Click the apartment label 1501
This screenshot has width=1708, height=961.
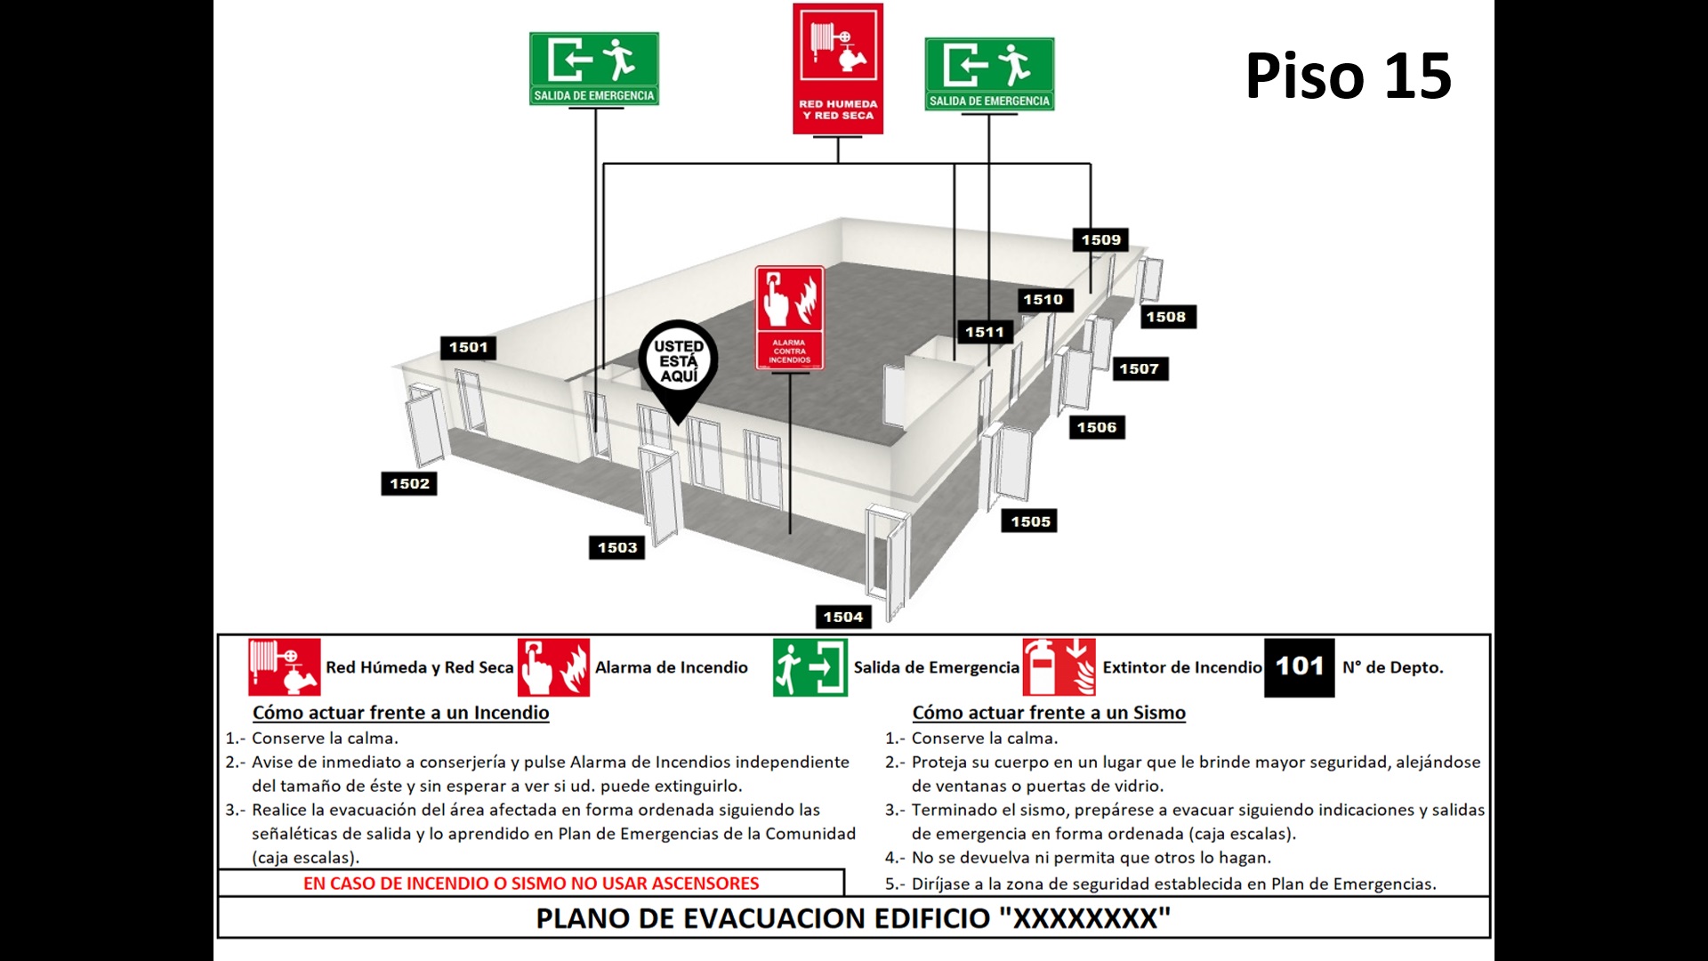coord(468,348)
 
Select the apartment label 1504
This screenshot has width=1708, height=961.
coord(842,617)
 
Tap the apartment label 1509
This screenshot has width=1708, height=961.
coord(1100,240)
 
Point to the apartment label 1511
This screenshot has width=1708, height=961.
coord(984,333)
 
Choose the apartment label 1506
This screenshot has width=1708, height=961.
coord(1096,428)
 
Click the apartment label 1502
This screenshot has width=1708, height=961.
coord(409,484)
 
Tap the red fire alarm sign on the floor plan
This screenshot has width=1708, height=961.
coord(789,318)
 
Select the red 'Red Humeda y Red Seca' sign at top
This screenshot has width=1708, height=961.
coord(838,69)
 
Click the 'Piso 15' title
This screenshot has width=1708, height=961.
coord(1348,76)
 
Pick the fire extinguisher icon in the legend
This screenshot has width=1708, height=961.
coord(1059,667)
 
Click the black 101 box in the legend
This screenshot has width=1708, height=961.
coord(1299,667)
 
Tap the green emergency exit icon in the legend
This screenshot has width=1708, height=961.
coord(810,667)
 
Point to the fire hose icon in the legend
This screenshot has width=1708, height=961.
coord(284,667)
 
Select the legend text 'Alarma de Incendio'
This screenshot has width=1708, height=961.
coord(671,668)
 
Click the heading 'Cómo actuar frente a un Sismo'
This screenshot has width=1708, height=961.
coord(1048,713)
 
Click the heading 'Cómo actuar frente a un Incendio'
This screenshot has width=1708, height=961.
coord(400,713)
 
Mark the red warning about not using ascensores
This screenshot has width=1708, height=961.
coord(531,884)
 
